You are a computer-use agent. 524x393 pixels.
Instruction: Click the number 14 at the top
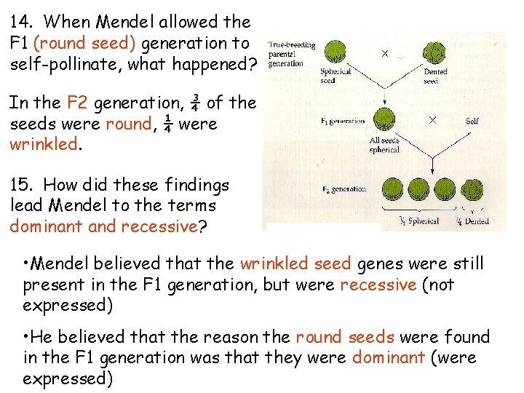click(21, 23)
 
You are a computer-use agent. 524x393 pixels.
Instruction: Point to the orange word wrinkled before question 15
click(42, 144)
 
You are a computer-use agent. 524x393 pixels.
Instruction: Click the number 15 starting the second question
click(21, 186)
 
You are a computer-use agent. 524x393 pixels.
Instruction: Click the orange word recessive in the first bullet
click(378, 285)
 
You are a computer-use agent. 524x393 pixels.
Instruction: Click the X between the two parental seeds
click(385, 53)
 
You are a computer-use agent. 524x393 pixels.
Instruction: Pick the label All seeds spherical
click(384, 145)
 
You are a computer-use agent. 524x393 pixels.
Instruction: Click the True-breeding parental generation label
click(291, 54)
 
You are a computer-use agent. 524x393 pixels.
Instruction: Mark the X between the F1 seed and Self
click(432, 120)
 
